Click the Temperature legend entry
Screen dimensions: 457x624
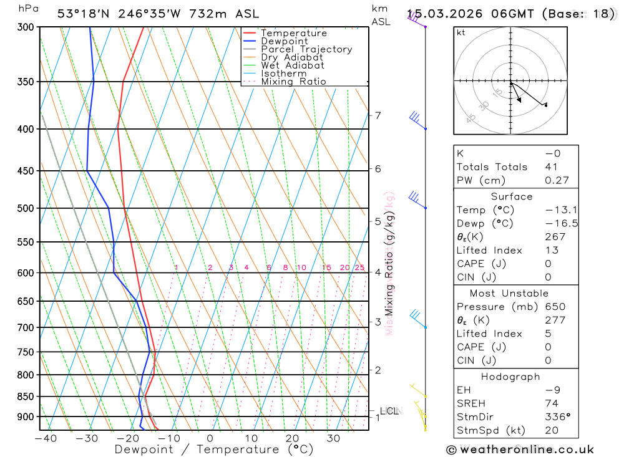[293, 33]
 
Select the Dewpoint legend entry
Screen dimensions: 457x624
[284, 41]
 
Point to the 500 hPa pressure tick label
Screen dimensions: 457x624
[25, 208]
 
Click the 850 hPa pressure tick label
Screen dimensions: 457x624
[25, 397]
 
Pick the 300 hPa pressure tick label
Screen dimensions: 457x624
[25, 27]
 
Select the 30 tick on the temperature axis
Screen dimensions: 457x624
[333, 438]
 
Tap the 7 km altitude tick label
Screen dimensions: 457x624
[378, 115]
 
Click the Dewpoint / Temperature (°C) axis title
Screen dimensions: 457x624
[214, 449]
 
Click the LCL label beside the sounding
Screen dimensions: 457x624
[389, 410]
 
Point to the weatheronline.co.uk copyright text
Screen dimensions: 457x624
[520, 450]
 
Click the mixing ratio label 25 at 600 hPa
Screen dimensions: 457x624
[359, 267]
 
